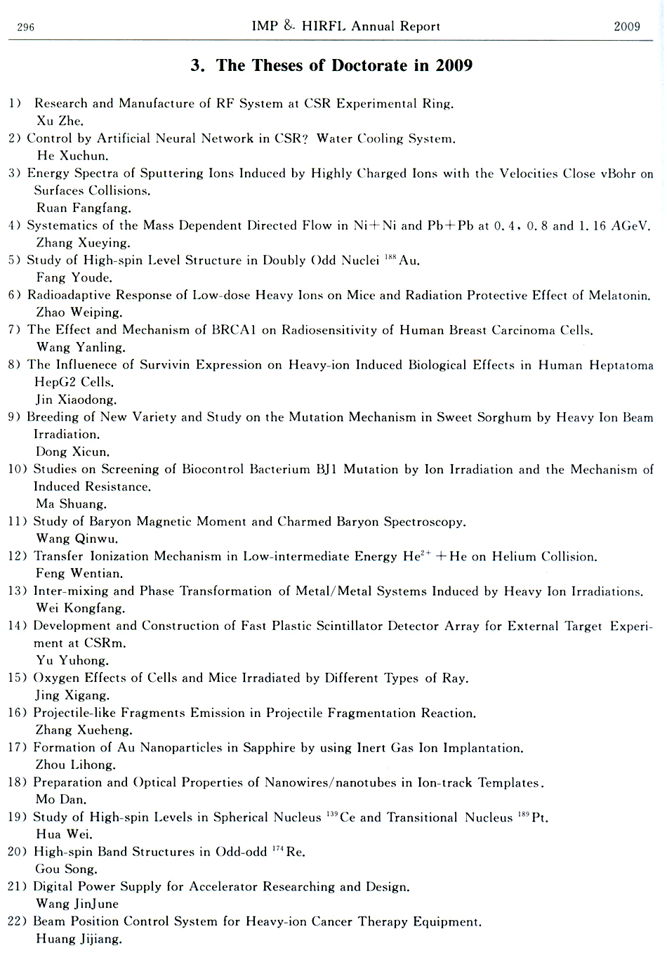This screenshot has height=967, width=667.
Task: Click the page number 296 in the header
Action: point(25,27)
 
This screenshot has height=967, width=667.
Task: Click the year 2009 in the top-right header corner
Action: point(626,27)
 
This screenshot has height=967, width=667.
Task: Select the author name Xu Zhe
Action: point(60,121)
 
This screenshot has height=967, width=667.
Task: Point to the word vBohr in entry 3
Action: point(618,173)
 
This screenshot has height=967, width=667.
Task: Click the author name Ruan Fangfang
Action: point(83,208)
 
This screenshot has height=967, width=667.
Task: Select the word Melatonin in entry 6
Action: point(619,296)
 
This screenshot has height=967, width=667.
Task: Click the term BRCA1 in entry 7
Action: point(233,330)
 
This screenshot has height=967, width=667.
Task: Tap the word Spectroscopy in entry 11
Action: point(423,522)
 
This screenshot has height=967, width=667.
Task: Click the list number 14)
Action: point(18,626)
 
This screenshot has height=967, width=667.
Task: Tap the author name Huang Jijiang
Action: point(79,939)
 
